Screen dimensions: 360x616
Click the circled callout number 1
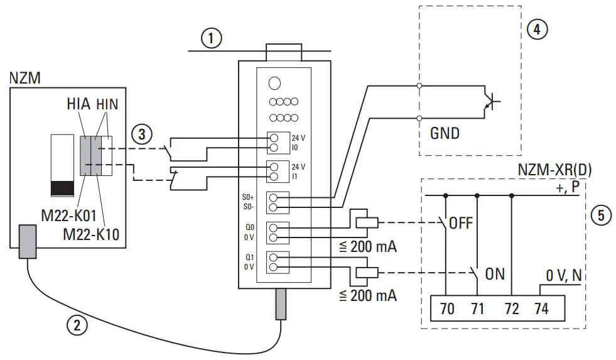coord(212,38)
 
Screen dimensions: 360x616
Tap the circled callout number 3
coord(142,134)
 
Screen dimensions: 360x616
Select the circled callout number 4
coord(536,29)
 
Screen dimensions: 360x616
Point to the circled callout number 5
coord(601,215)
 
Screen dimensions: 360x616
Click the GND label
coord(445,133)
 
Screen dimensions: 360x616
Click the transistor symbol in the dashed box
coord(490,101)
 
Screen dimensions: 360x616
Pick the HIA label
coord(78,104)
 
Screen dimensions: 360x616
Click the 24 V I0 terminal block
coord(274,143)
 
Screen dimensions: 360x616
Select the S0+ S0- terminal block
coord(274,202)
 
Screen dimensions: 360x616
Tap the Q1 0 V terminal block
coord(274,261)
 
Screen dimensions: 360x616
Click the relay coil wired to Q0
coord(366,221)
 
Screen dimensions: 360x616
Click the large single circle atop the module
coord(274,82)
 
